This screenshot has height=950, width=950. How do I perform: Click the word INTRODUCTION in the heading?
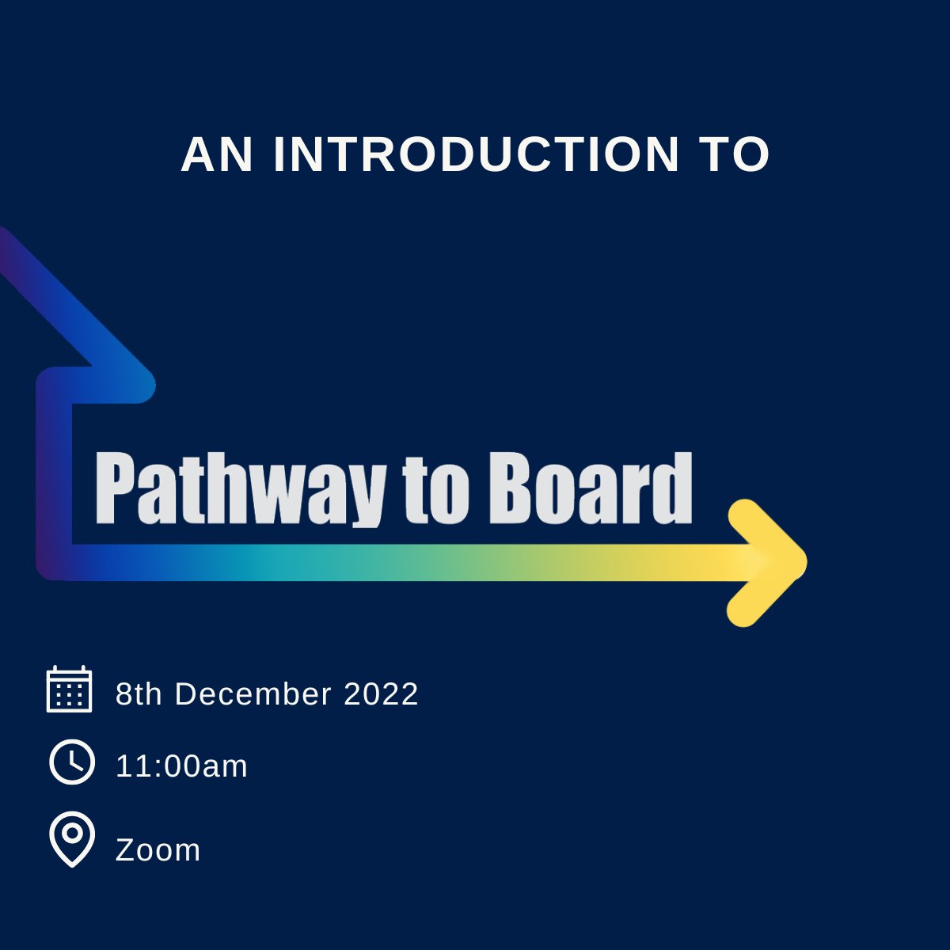click(x=476, y=154)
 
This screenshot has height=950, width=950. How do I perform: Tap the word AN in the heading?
click(x=217, y=154)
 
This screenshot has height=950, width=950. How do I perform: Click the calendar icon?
click(x=70, y=690)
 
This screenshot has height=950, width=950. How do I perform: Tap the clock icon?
click(x=72, y=762)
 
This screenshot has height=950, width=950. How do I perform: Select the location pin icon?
click(x=72, y=839)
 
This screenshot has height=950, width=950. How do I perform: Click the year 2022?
click(x=381, y=694)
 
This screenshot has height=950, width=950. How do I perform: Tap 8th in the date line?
click(x=139, y=694)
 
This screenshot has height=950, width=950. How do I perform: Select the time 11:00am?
click(x=181, y=766)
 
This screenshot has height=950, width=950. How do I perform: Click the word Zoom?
click(x=158, y=850)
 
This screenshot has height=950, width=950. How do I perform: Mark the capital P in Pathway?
click(x=113, y=487)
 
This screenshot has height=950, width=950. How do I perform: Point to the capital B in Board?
click(x=508, y=487)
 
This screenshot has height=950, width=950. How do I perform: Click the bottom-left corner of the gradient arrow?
click(x=54, y=563)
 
